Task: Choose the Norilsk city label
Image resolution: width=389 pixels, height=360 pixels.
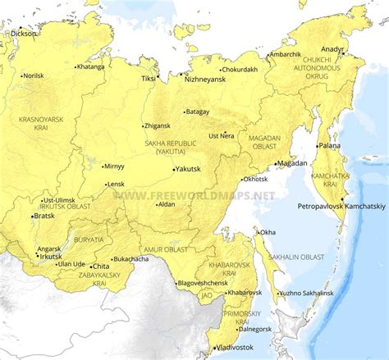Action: [x=33, y=75]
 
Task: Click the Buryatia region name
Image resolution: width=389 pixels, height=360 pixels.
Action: [x=88, y=239]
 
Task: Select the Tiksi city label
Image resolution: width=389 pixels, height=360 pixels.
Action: [x=148, y=79]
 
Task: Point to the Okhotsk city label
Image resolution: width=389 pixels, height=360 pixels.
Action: [x=256, y=179]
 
